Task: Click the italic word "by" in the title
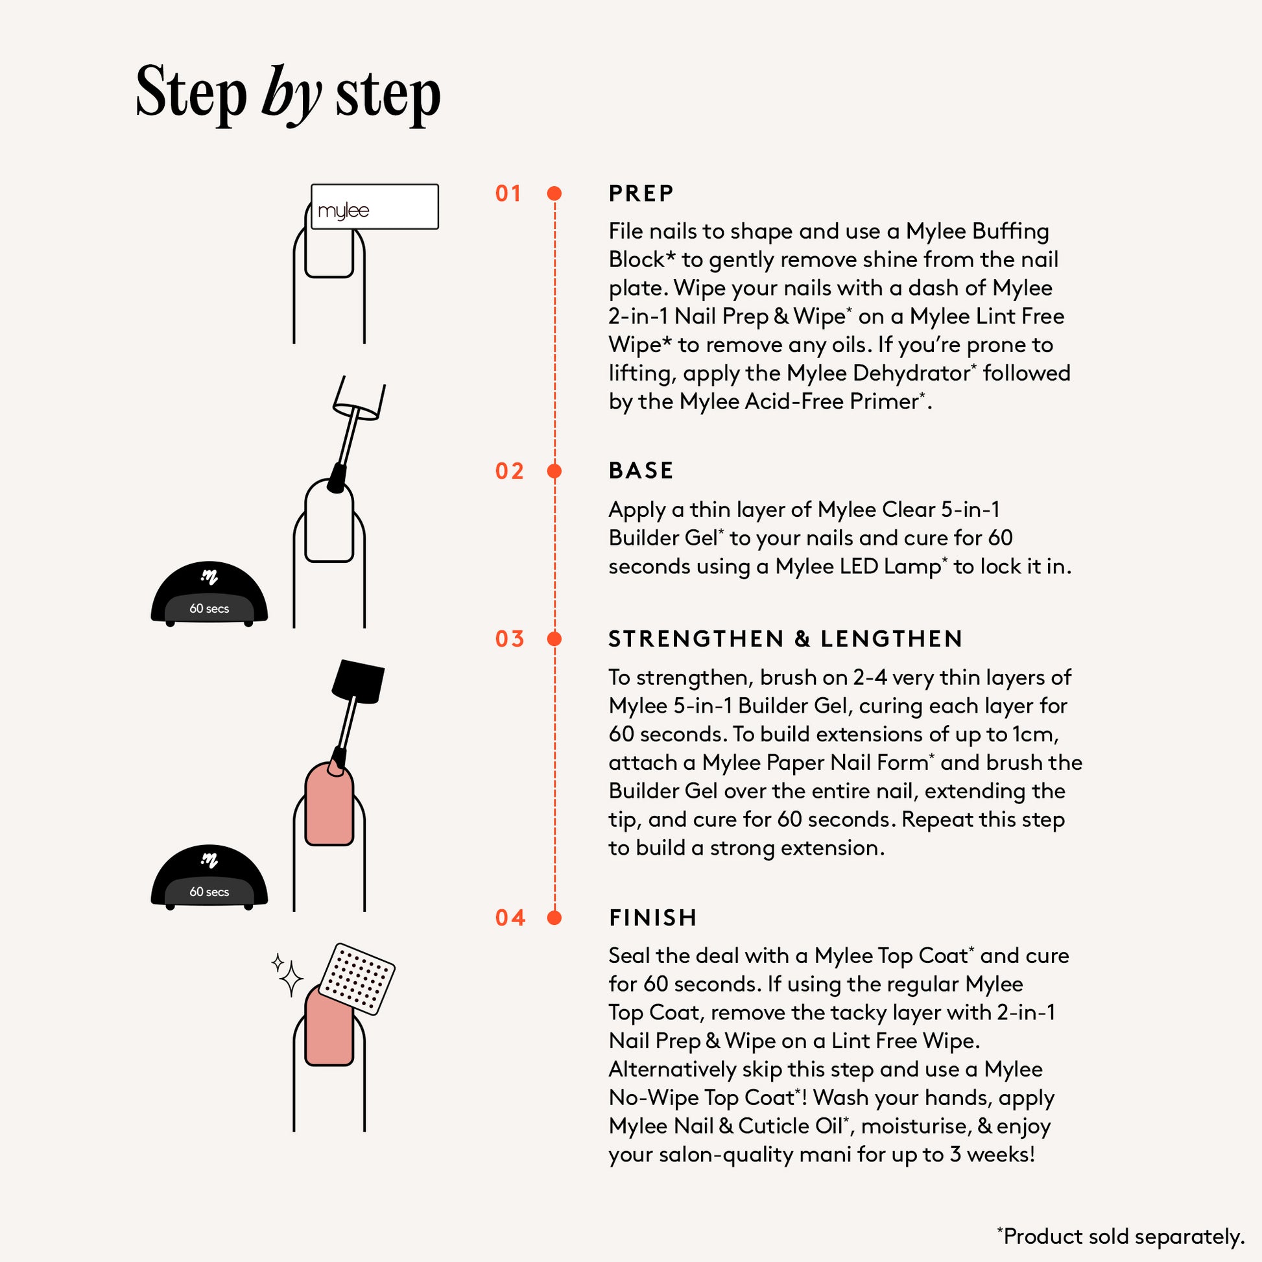pos(291,95)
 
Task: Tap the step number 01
pos(508,193)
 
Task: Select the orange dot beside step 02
pos(554,471)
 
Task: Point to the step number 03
pos(510,639)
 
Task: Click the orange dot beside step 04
pos(554,918)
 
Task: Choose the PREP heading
pos(641,193)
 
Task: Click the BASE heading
pos(641,470)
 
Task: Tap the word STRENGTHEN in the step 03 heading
pos(696,639)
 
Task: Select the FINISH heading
pos(652,918)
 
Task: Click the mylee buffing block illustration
pos(375,206)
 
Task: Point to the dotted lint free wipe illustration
pos(357,979)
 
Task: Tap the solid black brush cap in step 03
pos(358,682)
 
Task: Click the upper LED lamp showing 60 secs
pos(209,593)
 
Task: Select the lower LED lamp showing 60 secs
pos(209,877)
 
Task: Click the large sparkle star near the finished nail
pos(291,979)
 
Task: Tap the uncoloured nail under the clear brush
pos(329,521)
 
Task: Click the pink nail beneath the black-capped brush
pos(329,804)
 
